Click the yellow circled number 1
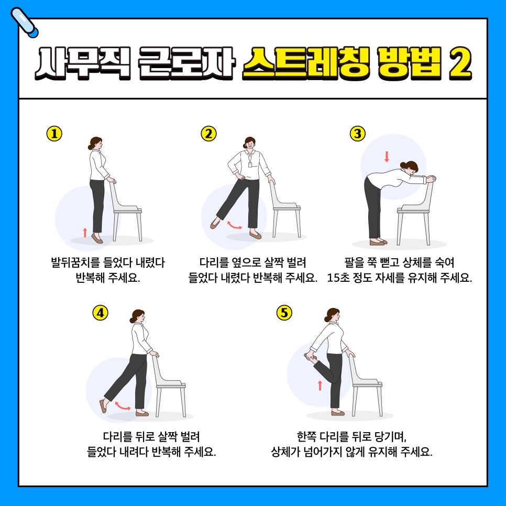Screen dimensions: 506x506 (54, 134)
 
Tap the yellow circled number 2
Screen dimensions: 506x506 (209, 134)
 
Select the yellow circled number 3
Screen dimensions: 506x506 (358, 134)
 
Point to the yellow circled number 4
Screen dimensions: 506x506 (101, 313)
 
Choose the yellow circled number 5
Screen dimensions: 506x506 (284, 313)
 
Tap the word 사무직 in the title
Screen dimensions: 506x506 (83, 63)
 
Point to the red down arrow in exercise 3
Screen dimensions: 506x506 (387, 157)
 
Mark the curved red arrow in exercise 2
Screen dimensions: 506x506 (235, 226)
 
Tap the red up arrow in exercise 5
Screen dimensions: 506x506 (320, 386)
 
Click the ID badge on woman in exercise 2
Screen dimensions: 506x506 (250, 165)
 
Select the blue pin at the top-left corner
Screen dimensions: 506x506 (24, 23)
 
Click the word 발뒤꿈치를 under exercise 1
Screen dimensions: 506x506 (75, 262)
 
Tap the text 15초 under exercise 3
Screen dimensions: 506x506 (338, 278)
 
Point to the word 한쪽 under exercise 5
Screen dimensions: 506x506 (307, 437)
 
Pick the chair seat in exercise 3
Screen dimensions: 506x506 (413, 210)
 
